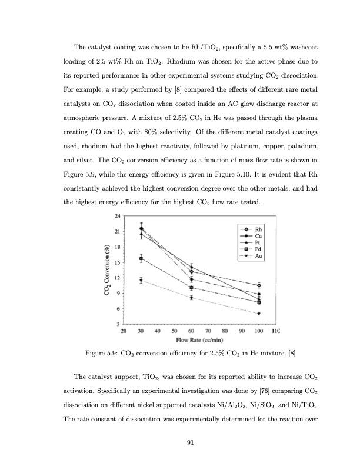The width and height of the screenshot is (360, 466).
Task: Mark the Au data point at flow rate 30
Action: [x=141, y=281]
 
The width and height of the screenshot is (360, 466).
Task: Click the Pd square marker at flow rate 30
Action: [x=141, y=258]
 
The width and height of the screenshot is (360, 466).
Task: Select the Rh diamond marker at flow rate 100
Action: [x=259, y=285]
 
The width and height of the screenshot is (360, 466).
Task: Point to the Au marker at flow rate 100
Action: [x=259, y=314]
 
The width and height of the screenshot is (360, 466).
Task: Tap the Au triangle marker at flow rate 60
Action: [x=191, y=298]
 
